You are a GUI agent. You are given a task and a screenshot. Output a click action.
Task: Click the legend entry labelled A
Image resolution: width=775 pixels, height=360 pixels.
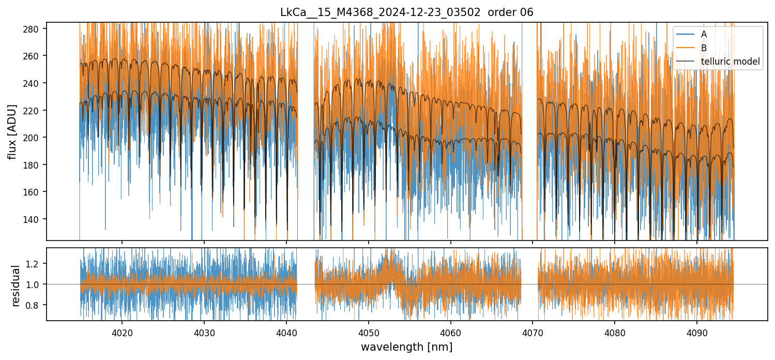point(704,34)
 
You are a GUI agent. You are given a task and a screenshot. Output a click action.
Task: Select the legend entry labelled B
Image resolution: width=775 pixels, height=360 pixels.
point(704,48)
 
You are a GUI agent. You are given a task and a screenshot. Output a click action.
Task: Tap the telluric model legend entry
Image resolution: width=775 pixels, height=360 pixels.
point(730,62)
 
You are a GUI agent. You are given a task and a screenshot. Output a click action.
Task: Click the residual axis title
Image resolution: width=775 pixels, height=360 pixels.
point(16,285)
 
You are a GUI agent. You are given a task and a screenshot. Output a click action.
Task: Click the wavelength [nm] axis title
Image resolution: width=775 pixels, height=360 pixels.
point(406,347)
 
